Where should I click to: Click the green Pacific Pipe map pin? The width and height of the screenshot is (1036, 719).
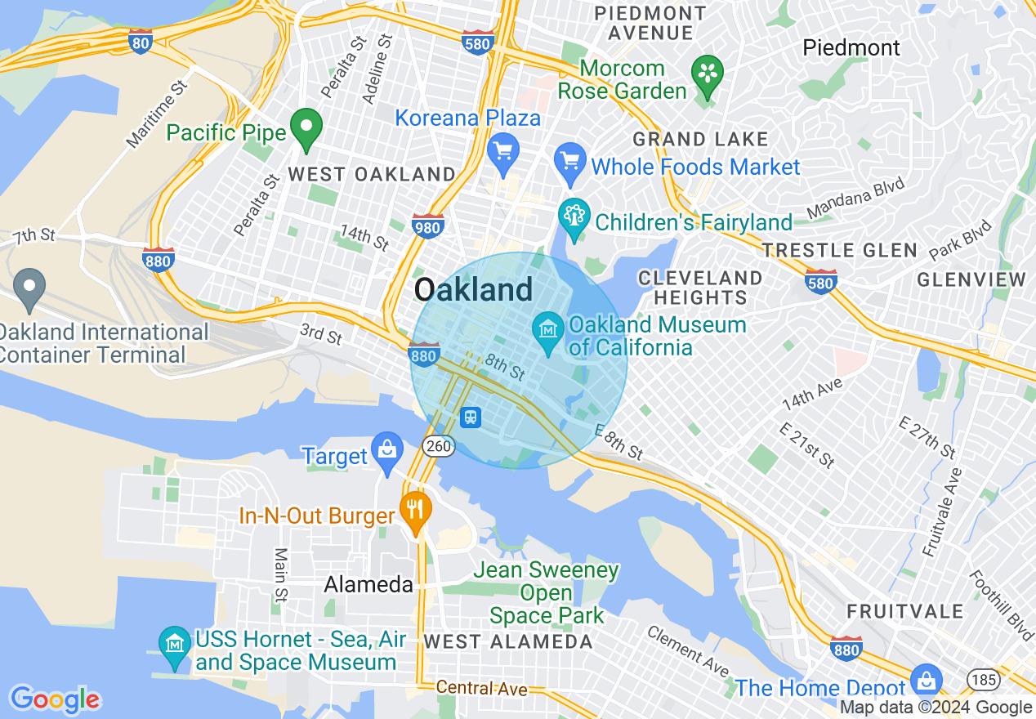pos(306,127)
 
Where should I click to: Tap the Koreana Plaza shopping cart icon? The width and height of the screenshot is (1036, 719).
pos(503,150)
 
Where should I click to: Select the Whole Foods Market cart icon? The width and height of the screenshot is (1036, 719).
pos(570,161)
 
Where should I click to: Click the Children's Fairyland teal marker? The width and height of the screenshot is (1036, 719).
pos(574,217)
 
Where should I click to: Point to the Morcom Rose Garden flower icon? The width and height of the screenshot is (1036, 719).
pos(708,74)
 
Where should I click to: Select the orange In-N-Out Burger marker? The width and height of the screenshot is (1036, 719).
pos(416,509)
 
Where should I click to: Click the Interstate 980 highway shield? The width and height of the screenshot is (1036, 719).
pos(428,225)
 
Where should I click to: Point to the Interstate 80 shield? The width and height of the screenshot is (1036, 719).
pos(141,42)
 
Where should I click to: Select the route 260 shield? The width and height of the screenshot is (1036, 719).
pos(438,445)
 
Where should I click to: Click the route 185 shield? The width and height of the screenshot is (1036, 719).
pos(980,679)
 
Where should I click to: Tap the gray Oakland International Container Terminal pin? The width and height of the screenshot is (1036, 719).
pos(30,287)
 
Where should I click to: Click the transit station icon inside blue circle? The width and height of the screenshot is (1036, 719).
pos(471,418)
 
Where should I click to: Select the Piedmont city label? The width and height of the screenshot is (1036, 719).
pos(851,47)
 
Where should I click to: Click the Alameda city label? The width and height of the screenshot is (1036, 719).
pos(357,584)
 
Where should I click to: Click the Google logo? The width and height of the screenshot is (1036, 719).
pos(55,699)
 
